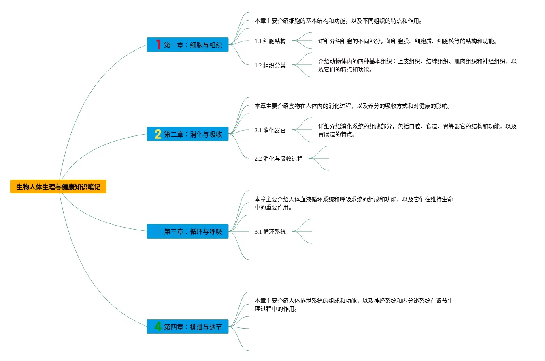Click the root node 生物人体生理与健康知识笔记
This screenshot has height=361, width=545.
click(x=58, y=187)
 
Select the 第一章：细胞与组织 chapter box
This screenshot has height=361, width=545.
click(x=187, y=45)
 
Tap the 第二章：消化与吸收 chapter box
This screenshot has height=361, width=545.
click(x=187, y=134)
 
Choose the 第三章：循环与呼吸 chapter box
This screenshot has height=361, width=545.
click(x=187, y=232)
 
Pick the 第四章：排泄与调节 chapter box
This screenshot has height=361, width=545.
click(x=187, y=327)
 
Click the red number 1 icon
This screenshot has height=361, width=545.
click(x=158, y=45)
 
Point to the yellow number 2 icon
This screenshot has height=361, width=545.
click(x=158, y=134)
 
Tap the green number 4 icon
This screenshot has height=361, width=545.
click(x=158, y=327)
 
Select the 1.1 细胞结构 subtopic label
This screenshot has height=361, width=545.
click(x=270, y=41)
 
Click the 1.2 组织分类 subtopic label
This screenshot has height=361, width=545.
click(x=270, y=65)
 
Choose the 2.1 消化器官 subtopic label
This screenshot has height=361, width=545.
click(x=270, y=130)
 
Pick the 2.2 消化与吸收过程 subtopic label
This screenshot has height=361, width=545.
click(x=279, y=159)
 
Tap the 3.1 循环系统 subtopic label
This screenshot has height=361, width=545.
click(x=270, y=232)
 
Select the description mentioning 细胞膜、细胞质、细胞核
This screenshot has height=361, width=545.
click(x=407, y=41)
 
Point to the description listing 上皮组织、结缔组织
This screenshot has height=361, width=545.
click(x=417, y=65)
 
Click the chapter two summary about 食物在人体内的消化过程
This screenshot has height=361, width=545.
click(x=352, y=106)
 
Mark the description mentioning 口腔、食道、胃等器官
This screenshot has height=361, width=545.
click(x=417, y=130)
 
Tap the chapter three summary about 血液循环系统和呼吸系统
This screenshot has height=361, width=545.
click(x=353, y=203)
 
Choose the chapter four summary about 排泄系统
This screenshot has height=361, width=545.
click(x=353, y=305)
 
